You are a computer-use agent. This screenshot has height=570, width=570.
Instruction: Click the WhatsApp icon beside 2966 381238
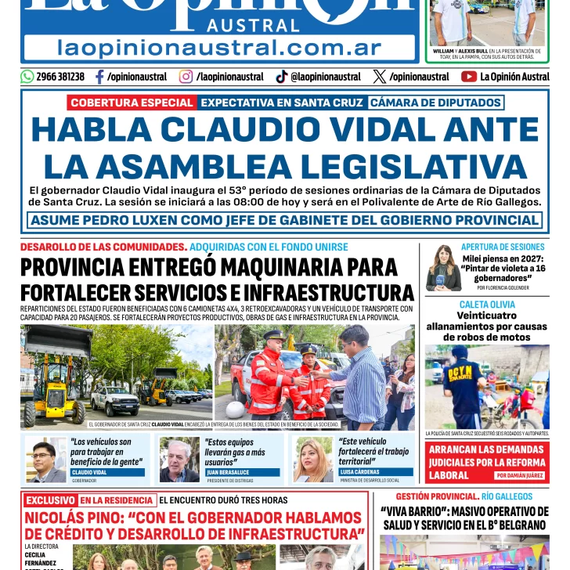coord(27,77)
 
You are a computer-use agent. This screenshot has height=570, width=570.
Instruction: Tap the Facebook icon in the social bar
coord(99,77)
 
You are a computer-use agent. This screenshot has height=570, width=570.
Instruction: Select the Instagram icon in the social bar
coord(186,77)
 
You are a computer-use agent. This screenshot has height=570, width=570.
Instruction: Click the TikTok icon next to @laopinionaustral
coord(282,77)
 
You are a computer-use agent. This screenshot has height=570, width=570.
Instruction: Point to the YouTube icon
coord(469,77)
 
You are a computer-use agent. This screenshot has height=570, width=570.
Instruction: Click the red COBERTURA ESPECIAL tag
coord(131,103)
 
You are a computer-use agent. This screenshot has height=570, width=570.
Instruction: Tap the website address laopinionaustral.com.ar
coord(220,47)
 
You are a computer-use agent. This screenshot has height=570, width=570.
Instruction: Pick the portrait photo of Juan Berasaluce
coord(179,460)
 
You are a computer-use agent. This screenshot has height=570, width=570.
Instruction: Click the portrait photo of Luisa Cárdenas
coord(314,460)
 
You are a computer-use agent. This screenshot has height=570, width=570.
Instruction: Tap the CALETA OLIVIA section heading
coord(487,304)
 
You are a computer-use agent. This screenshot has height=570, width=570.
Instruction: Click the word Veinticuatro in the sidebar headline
coord(487,316)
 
